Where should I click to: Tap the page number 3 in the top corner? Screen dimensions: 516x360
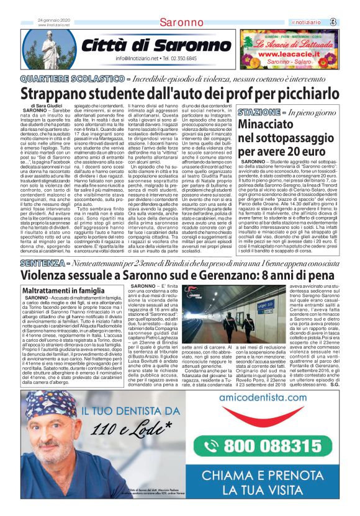click(351, 22)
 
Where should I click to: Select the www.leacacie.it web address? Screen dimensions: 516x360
click(292, 54)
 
